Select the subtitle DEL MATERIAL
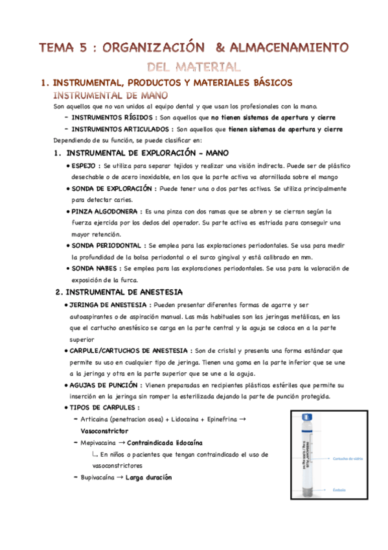click(194, 66)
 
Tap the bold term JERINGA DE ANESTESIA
click(106, 305)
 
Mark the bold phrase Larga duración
click(149, 477)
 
